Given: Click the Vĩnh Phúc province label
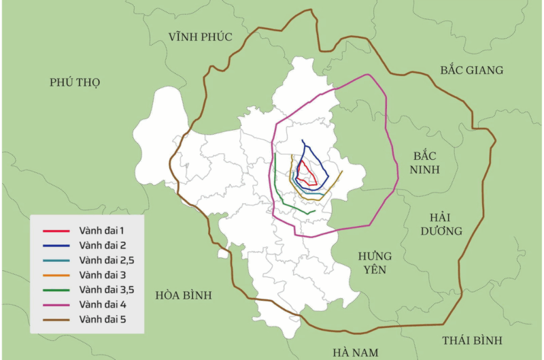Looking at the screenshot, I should point(201,37).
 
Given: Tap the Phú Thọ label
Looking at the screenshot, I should point(75,82).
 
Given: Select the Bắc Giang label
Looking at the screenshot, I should point(471,70).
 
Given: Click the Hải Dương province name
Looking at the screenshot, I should point(445,224).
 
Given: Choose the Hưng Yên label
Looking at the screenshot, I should point(375,263).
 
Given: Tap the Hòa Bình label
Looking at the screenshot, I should point(184,295).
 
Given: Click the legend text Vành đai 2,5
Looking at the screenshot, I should point(107,260).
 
